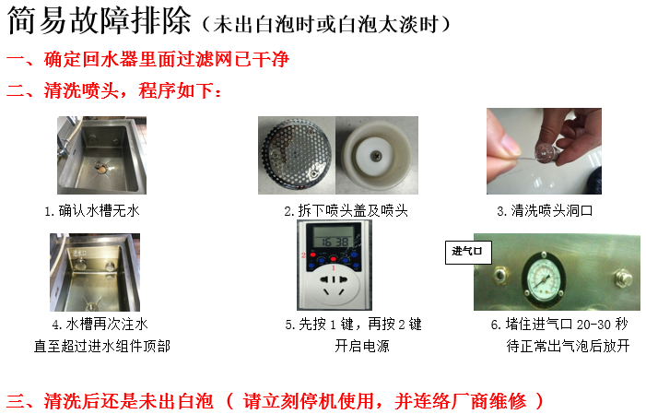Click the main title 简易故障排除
100,20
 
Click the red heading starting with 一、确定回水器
147,60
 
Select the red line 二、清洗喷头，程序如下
113,90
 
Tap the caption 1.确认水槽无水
92,211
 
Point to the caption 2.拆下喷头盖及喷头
346,211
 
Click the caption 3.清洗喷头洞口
545,211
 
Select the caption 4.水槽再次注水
100,325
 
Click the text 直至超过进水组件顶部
101,346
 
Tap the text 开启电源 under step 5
362,346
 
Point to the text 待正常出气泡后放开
568,346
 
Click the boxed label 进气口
468,252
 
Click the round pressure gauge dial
544,277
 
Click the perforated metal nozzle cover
297,154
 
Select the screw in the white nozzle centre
376,156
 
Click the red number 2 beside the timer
303,255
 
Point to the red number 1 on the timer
334,268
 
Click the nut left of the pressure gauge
499,276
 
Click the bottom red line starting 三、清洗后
276,401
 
